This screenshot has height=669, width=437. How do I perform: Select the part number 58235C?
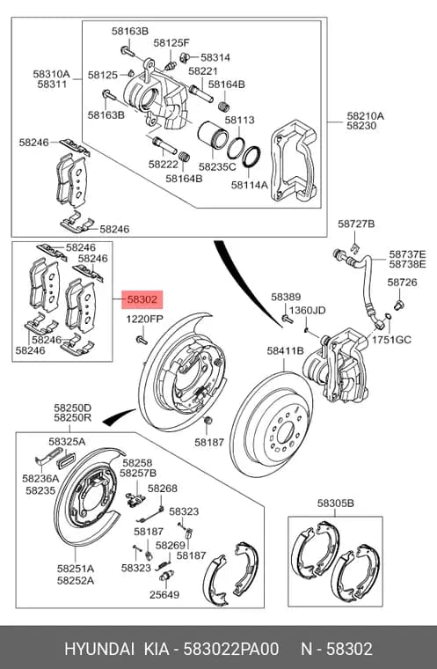(217, 166)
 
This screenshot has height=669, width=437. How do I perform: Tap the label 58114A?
(250, 185)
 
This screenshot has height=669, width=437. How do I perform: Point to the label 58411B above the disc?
(285, 350)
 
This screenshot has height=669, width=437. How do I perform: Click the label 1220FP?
(144, 320)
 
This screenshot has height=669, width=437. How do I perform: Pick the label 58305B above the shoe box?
(336, 504)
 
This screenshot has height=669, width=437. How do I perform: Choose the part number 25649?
(164, 594)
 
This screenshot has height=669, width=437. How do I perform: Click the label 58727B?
(356, 224)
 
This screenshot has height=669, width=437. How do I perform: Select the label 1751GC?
(391, 340)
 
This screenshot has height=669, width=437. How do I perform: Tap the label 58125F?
(171, 42)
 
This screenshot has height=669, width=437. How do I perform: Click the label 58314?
(215, 57)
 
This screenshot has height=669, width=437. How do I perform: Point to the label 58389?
(286, 297)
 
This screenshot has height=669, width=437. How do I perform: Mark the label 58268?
(163, 488)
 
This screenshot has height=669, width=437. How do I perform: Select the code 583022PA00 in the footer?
(230, 649)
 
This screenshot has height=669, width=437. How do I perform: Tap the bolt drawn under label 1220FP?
(142, 340)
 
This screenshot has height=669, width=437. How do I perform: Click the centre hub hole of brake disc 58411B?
(283, 433)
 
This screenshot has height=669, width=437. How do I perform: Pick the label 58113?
(240, 120)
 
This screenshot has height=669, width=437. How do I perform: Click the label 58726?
(402, 283)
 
